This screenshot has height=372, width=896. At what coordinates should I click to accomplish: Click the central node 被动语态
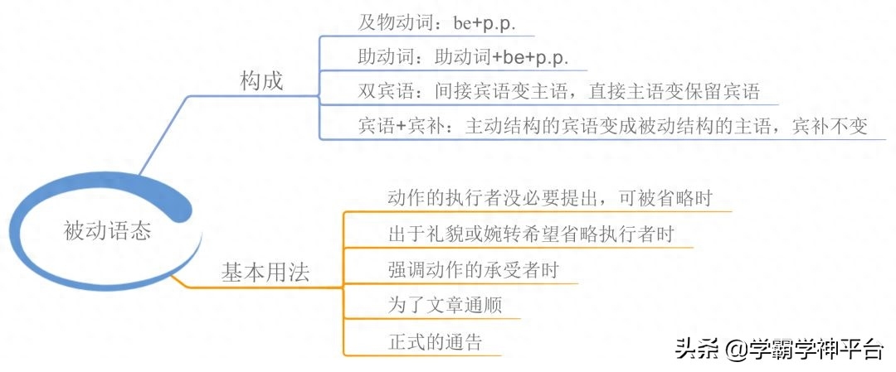107,231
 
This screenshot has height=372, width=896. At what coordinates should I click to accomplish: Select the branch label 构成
261,81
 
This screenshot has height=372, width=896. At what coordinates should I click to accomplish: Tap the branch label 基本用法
265,273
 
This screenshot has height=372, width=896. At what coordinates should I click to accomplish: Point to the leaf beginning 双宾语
558,91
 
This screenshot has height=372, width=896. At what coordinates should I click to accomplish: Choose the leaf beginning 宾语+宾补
613,126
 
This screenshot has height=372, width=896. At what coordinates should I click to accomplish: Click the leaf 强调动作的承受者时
472,270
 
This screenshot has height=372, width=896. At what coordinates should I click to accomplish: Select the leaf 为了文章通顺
444,305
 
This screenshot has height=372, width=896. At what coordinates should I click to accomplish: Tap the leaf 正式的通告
434,342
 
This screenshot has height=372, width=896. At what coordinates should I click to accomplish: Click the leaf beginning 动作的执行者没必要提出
549,198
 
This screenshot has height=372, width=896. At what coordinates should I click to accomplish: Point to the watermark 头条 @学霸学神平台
780,348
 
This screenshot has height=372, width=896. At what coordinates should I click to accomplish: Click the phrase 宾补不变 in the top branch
830,126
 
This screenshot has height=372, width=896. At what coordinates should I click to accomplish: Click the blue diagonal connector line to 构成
164,135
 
